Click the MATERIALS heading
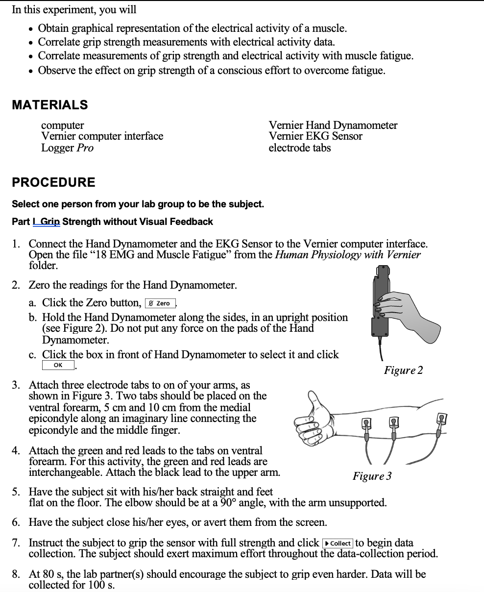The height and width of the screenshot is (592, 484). pyautogui.click(x=49, y=105)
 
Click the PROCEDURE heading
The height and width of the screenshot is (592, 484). pyautogui.click(x=53, y=182)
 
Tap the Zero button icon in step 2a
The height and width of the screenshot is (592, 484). pyautogui.click(x=160, y=303)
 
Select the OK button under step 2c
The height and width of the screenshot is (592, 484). pyautogui.click(x=58, y=365)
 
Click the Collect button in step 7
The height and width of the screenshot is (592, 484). pyautogui.click(x=338, y=543)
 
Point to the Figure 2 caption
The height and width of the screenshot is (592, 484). pyautogui.click(x=403, y=370)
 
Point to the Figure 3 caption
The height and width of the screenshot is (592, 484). pyautogui.click(x=372, y=476)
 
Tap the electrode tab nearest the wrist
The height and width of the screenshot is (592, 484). pyautogui.click(x=366, y=422)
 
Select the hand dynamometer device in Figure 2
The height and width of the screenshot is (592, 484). pyautogui.click(x=381, y=304)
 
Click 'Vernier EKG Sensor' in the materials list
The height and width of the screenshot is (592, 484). pyautogui.click(x=315, y=136)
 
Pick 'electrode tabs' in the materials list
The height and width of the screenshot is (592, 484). pyautogui.click(x=299, y=148)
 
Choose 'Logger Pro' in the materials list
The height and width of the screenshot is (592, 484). pyautogui.click(x=67, y=148)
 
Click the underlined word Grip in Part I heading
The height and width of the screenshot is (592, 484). pyautogui.click(x=49, y=222)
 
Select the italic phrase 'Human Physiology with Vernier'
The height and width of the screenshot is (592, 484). pyautogui.click(x=348, y=255)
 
